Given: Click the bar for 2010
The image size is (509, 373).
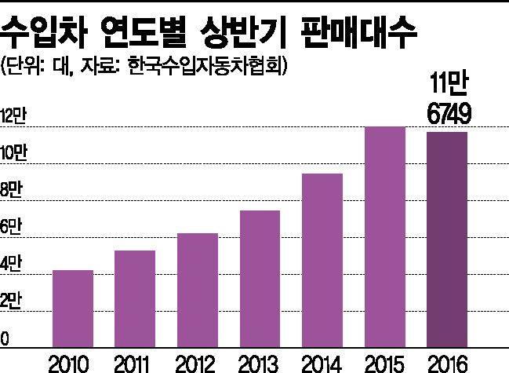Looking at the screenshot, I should (73, 308).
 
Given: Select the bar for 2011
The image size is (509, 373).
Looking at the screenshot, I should (135, 298).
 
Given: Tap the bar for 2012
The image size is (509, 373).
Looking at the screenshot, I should (198, 290).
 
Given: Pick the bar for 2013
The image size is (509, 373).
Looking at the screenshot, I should (260, 278).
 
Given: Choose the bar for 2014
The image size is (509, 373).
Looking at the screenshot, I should (322, 260).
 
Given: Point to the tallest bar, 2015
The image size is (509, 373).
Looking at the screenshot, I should (385, 236).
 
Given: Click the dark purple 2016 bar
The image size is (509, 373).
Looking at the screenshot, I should (447, 239).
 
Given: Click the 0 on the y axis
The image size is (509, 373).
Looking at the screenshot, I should (5, 339).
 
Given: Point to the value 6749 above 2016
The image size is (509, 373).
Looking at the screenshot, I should (449, 115).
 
